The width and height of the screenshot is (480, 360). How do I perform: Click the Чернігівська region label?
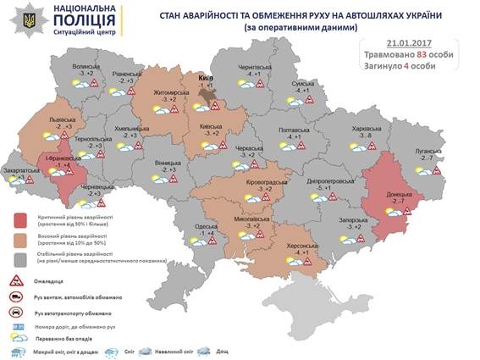(x=253, y=66)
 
